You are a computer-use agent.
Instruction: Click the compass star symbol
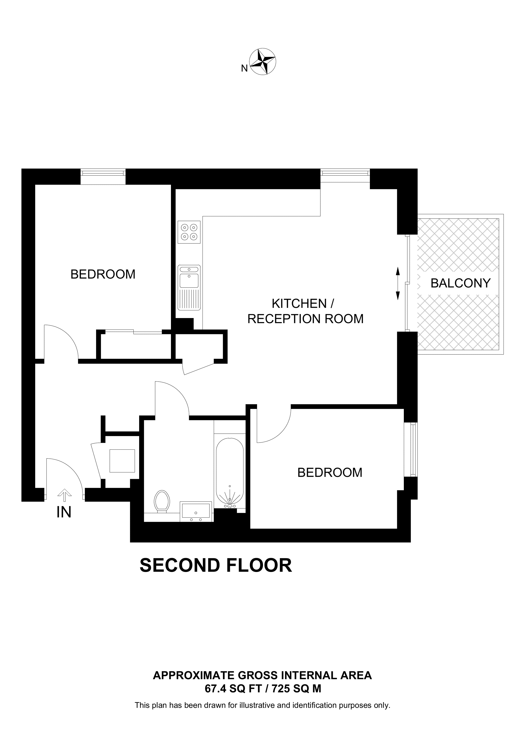[263, 62]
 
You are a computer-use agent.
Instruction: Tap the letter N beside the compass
[244, 68]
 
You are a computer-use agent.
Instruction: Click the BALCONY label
[460, 283]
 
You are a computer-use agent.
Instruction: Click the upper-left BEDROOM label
[103, 274]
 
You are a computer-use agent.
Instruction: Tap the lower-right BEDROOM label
[330, 472]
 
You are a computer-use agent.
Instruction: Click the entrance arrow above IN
[65, 495]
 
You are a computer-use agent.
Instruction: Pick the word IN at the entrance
[64, 512]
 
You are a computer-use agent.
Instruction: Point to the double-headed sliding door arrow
[398, 283]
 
